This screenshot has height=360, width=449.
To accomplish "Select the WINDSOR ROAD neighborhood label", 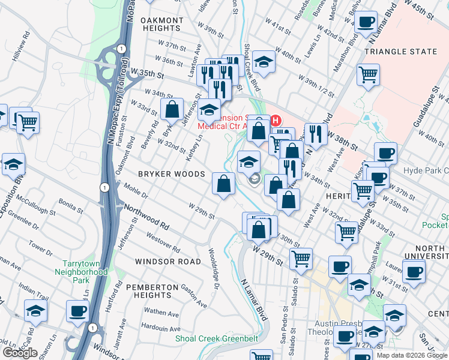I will click(167, 262).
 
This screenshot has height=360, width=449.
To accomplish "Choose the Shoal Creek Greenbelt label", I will click(217, 339).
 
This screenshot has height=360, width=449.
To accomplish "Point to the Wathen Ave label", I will click(161, 313).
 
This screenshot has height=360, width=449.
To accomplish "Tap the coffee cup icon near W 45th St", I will click(365, 23).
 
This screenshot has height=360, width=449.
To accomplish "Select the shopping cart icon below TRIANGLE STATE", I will click(368, 76).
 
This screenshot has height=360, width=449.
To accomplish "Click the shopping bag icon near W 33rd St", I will click(172, 109).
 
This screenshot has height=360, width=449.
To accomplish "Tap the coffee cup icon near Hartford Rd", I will click(77, 311).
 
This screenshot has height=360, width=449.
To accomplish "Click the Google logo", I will click(20, 353).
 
